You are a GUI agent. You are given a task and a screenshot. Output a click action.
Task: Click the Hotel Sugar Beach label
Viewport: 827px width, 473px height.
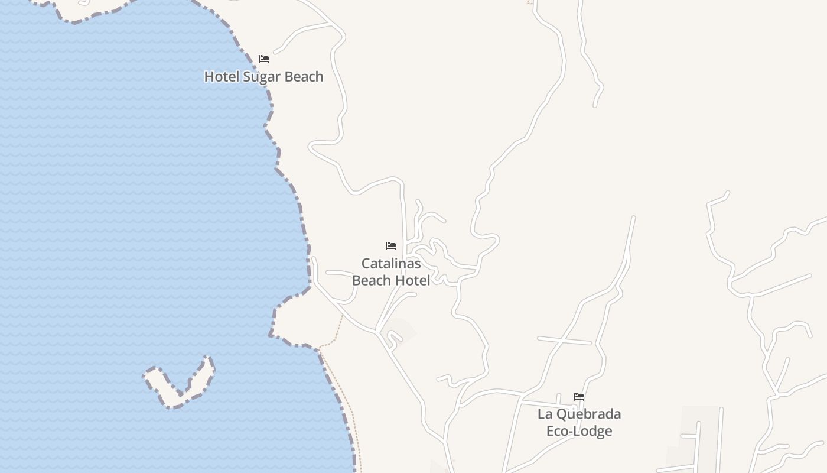[x=263, y=76]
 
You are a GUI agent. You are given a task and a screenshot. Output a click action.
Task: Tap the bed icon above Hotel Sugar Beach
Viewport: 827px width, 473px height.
[x=264, y=59]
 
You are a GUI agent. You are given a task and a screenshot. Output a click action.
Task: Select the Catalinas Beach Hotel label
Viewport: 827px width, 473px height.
[x=391, y=271]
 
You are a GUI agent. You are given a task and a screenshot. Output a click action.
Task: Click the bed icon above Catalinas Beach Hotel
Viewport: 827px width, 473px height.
[x=390, y=246]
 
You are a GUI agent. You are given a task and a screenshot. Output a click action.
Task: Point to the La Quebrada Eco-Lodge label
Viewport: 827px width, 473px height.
[x=579, y=422]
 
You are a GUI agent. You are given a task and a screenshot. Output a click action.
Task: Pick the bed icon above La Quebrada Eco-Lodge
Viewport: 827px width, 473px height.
[x=579, y=397]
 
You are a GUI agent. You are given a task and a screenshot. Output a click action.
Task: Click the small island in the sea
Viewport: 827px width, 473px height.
[x=180, y=384]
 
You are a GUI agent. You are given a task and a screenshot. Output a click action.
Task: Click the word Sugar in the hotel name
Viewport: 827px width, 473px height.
[x=262, y=77]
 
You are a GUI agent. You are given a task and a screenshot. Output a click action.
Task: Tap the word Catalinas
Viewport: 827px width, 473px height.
[x=391, y=263]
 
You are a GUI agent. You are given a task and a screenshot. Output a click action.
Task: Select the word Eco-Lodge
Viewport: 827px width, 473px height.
[x=579, y=431]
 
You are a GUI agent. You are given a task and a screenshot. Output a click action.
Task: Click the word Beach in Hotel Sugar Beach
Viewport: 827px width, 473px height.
[x=304, y=76]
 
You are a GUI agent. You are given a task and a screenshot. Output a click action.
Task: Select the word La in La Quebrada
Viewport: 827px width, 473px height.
[x=544, y=414]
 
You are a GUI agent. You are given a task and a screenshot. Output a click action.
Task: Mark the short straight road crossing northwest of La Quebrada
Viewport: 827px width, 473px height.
[x=564, y=341]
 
